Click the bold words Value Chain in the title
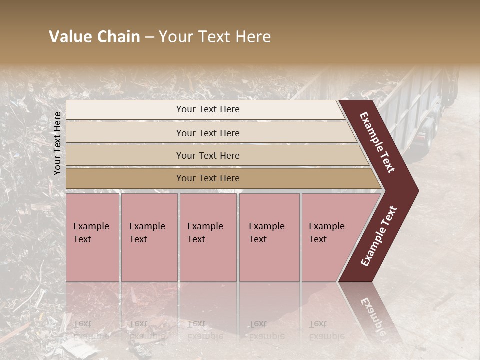(94, 37)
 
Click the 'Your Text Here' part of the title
(215, 37)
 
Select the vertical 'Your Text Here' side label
(57, 143)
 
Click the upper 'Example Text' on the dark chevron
(377, 142)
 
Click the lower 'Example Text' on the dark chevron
(378, 236)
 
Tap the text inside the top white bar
(208, 109)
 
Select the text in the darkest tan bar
(208, 178)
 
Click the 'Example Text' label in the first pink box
(91, 233)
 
